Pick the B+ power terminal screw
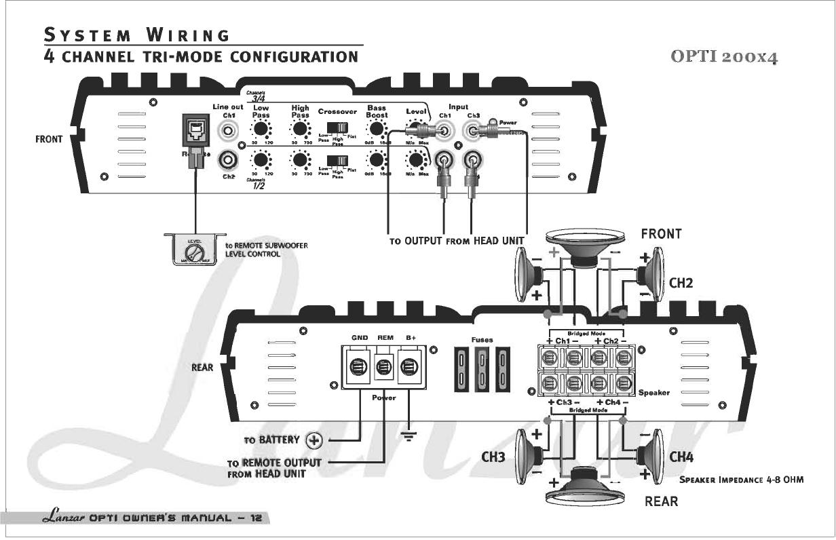408,367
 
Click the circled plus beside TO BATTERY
314,440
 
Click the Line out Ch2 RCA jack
229,160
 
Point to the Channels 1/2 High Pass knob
299,160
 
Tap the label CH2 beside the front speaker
681,283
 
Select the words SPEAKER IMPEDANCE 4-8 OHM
742,480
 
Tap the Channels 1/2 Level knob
413,160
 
